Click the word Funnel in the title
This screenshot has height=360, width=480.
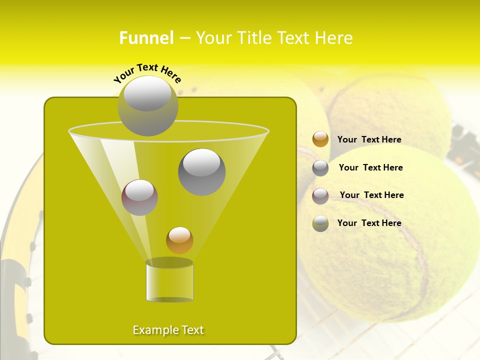click(146, 38)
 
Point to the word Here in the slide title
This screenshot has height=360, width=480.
click(330, 38)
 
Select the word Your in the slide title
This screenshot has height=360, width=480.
click(213, 38)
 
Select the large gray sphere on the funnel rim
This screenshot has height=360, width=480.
click(147, 106)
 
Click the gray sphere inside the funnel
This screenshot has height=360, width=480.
click(202, 172)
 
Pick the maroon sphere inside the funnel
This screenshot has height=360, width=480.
click(139, 197)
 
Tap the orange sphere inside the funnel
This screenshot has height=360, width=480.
click(179, 240)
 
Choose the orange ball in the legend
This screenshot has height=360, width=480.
click(320, 139)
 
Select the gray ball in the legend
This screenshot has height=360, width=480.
click(320, 168)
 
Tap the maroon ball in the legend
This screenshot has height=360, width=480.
click(320, 196)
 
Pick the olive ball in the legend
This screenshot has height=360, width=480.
click(320, 223)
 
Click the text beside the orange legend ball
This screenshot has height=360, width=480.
click(369, 140)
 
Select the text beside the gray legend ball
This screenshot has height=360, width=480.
click(370, 168)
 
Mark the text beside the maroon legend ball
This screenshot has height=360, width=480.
click(371, 195)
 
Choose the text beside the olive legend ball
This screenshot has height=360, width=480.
click(369, 223)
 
